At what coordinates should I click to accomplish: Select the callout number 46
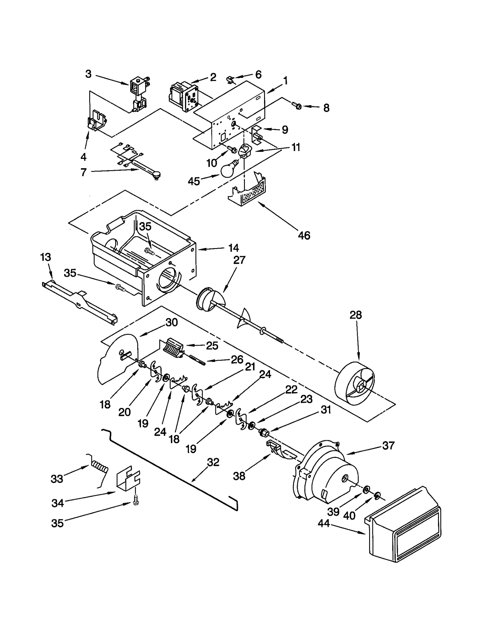click(304, 236)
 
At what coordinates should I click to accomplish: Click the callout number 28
click(355, 315)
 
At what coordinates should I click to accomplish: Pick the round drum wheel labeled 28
click(355, 384)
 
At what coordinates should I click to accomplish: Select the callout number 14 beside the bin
click(234, 248)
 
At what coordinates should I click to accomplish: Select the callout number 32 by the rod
click(213, 462)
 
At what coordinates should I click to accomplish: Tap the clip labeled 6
click(230, 80)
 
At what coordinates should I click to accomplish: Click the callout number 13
click(46, 257)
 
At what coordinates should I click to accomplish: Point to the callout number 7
click(83, 172)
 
